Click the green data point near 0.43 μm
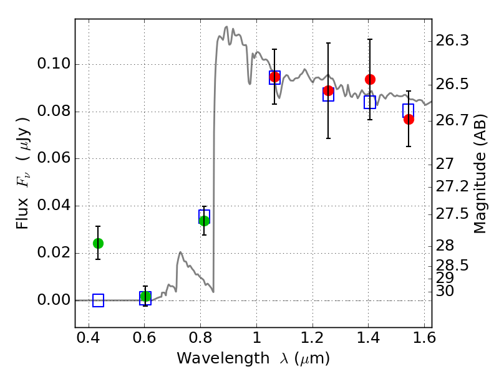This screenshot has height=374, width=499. tap(99, 243)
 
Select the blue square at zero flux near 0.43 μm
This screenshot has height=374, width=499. tap(99, 300)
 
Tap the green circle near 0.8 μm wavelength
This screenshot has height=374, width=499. tap(205, 221)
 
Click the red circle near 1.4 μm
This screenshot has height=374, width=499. tap(370, 79)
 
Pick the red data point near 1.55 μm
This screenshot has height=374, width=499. tap(409, 119)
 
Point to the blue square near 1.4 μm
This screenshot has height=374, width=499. tap(370, 102)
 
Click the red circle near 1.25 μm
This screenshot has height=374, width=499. tap(329, 90)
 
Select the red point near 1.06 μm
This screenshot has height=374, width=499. tap(274, 77)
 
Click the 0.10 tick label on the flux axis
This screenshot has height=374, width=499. tap(54, 64)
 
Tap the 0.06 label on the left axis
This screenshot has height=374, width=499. tap(54, 158)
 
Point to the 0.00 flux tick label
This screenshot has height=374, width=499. tap(54, 300)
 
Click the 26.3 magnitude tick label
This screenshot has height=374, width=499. tap(452, 41)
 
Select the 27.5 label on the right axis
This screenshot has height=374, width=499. tap(452, 214)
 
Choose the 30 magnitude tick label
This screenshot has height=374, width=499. tap(445, 291)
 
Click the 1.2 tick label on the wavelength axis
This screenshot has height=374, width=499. tap(312, 338)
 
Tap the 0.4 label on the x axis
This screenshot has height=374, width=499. tap(89, 338)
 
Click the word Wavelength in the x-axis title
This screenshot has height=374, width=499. tap(223, 358)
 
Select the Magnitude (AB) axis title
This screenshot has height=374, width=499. tap(480, 174)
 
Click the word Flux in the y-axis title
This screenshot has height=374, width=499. tap(22, 213)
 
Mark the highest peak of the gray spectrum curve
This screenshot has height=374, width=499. tap(226, 27)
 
